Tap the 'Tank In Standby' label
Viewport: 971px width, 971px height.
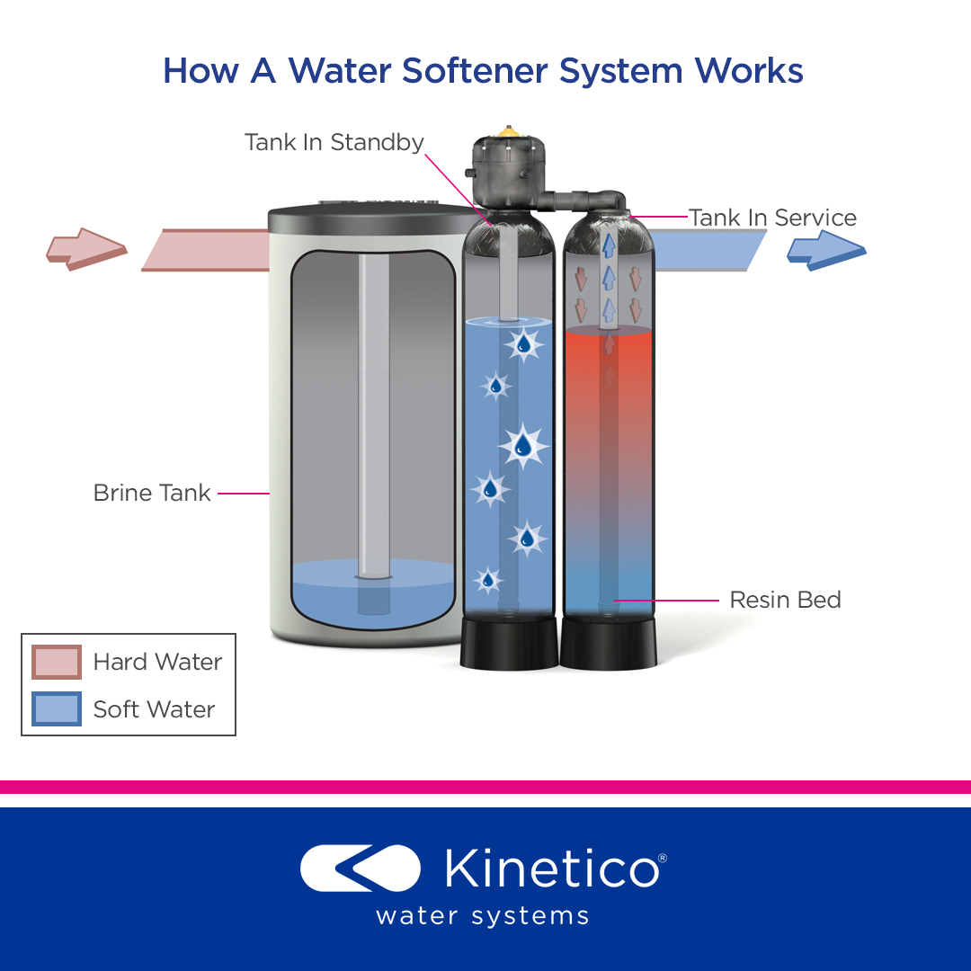pyautogui.click(x=334, y=142)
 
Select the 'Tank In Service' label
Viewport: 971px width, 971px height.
pyautogui.click(x=772, y=218)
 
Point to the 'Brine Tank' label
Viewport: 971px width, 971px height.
pyautogui.click(x=152, y=493)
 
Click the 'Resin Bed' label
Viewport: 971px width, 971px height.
pyautogui.click(x=785, y=600)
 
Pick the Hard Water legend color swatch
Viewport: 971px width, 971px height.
pyautogui.click(x=57, y=663)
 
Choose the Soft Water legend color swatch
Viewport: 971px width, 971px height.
pyautogui.click(x=57, y=709)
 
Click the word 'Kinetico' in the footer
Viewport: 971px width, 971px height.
pyautogui.click(x=550, y=869)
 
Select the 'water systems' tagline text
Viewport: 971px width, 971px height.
pyautogui.click(x=483, y=916)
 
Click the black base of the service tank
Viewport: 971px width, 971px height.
pyautogui.click(x=608, y=644)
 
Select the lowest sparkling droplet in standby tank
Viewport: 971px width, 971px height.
pyautogui.click(x=488, y=580)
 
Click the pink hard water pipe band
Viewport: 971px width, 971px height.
pyautogui.click(x=207, y=250)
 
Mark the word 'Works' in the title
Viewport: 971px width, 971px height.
pyautogui.click(x=749, y=71)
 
